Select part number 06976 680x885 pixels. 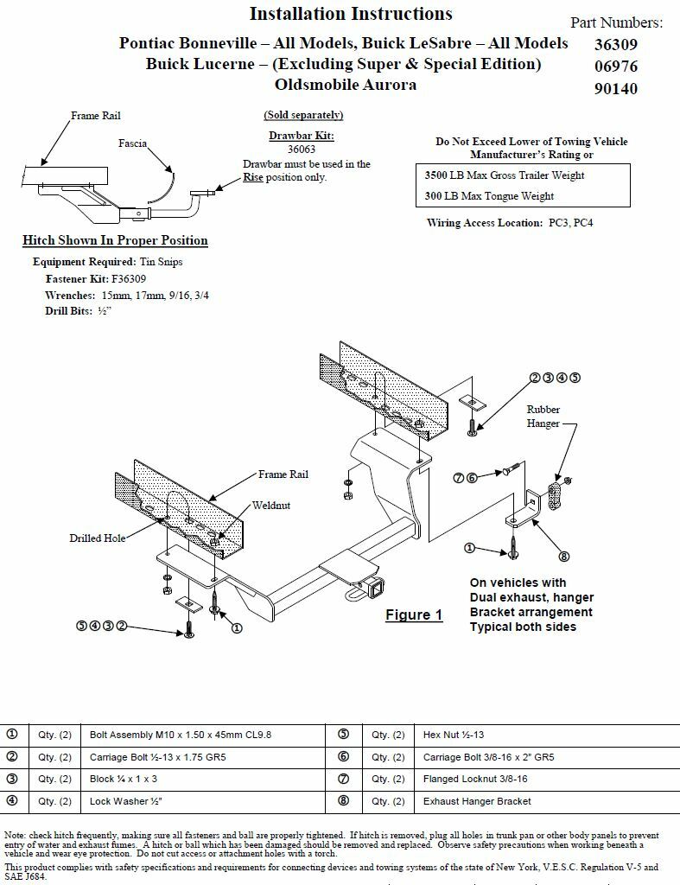615,67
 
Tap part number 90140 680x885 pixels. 615,88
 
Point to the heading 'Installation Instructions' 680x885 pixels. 351,14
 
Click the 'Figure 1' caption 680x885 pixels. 414,614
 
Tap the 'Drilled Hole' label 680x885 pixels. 98,538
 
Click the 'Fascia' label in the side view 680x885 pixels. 132,143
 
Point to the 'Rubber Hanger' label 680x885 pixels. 543,417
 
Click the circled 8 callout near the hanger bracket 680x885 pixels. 563,557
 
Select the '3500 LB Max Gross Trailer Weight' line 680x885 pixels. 505,175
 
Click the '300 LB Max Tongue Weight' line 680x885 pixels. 489,196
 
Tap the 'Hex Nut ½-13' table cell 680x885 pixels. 454,735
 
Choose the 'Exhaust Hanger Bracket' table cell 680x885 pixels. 477,801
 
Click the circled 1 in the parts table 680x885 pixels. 12,735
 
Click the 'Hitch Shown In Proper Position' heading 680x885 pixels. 115,240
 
